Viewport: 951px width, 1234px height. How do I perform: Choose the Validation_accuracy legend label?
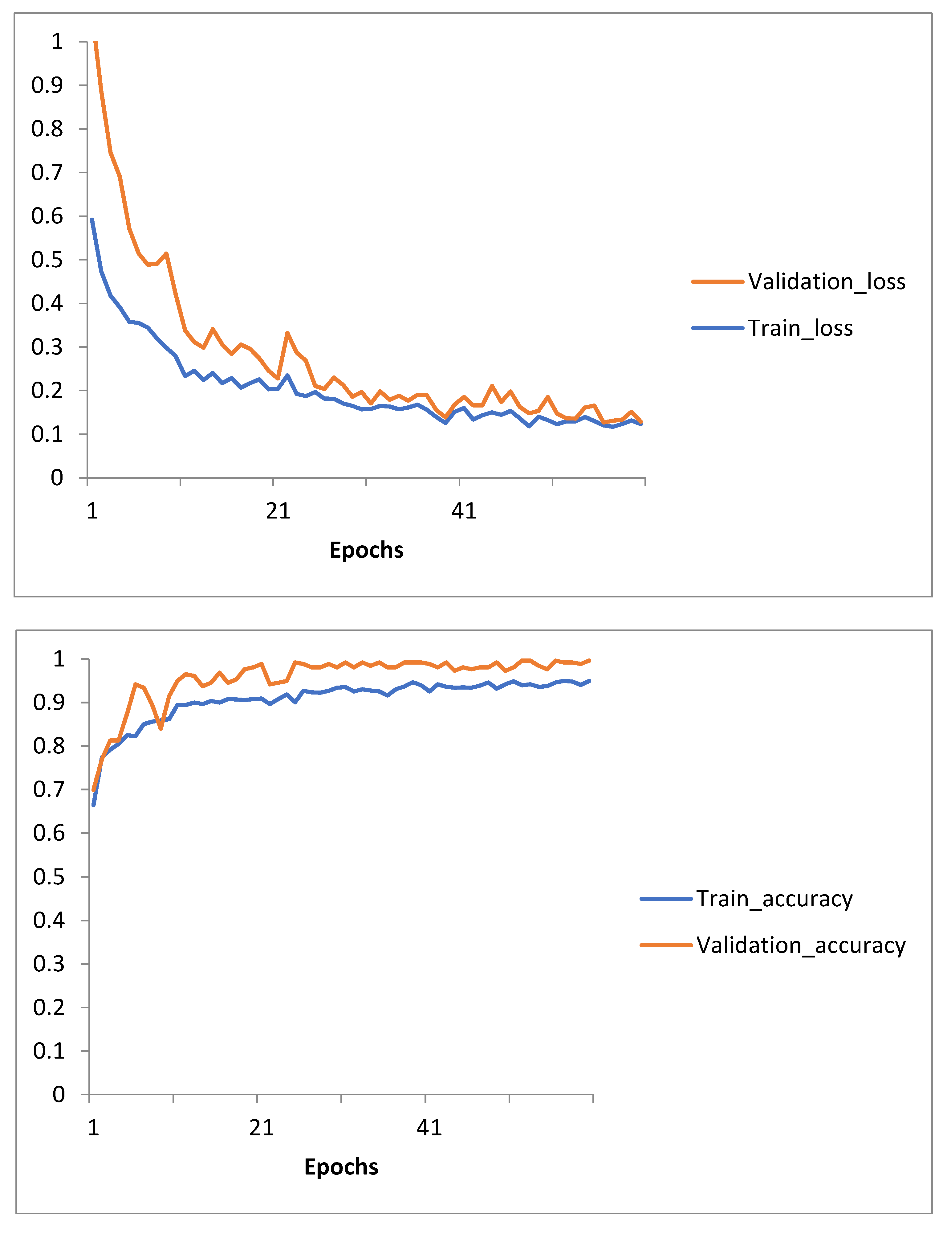[800, 945]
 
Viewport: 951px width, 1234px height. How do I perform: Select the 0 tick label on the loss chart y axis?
[56, 478]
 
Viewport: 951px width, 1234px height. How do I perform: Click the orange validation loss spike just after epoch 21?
[287, 333]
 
